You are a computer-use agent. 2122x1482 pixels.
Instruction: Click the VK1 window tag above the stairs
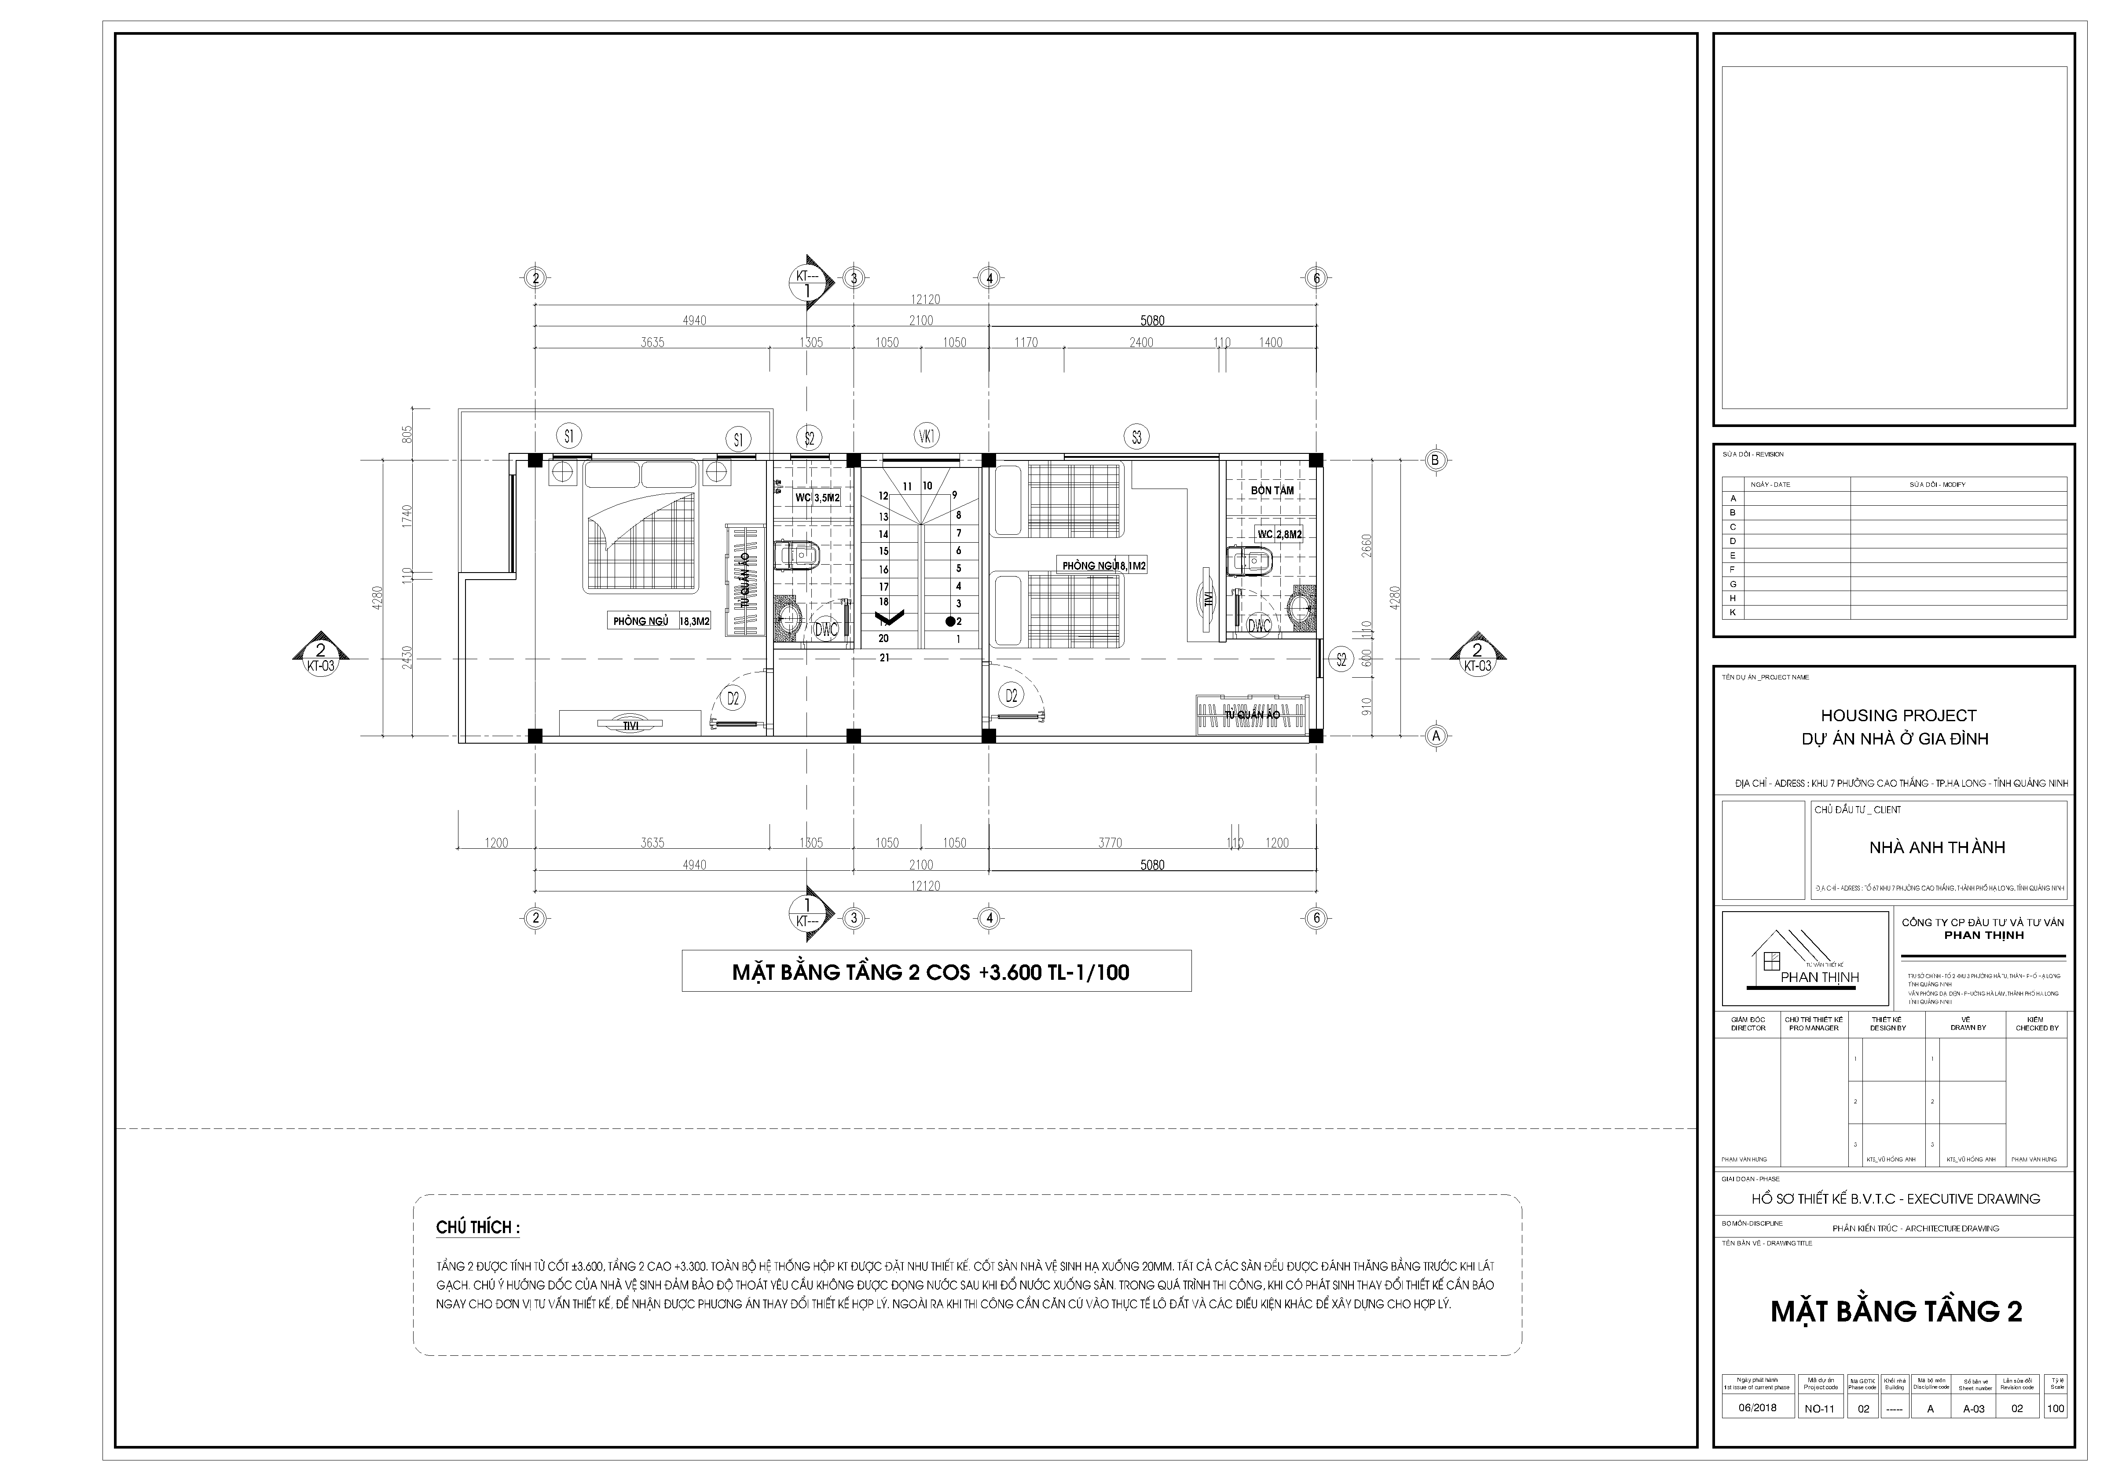tap(926, 435)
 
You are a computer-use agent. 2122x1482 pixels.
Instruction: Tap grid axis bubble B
tap(1435, 459)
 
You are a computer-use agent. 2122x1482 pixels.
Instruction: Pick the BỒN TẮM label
tap(1272, 491)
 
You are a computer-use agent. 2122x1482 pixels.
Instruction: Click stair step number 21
tap(884, 658)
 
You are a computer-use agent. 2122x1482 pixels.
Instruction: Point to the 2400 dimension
tap(1141, 343)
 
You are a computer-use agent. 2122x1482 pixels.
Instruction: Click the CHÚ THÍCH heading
tap(478, 1228)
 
